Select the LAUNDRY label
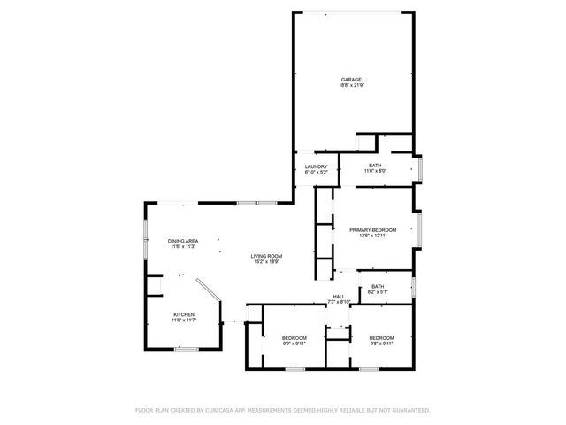pyautogui.click(x=317, y=166)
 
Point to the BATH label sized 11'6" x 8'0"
pyautogui.click(x=375, y=166)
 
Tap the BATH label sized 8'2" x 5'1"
pyautogui.click(x=378, y=286)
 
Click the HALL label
pyautogui.click(x=339, y=297)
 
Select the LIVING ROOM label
pyautogui.click(x=265, y=255)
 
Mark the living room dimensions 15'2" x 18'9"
pyautogui.click(x=265, y=261)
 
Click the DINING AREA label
pyautogui.click(x=182, y=241)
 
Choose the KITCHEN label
pyautogui.click(x=183, y=314)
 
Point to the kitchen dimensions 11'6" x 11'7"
pyautogui.click(x=183, y=321)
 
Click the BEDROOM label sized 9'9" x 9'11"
pyautogui.click(x=294, y=338)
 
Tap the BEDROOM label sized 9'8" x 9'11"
pyautogui.click(x=381, y=338)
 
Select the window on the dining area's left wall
pyautogui.click(x=146, y=239)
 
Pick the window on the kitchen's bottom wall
pyautogui.click(x=185, y=350)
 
